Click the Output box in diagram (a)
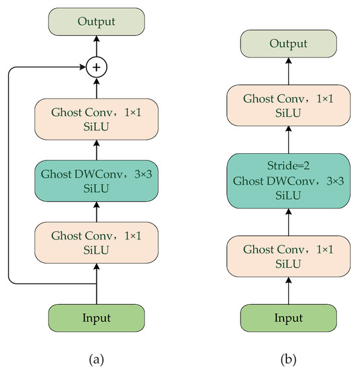[96, 23]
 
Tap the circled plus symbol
[96, 67]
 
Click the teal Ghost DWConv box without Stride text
[96, 179]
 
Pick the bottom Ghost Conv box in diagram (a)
[96, 240]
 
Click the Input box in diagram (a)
[96, 317]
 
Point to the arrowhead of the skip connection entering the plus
[82, 67]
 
